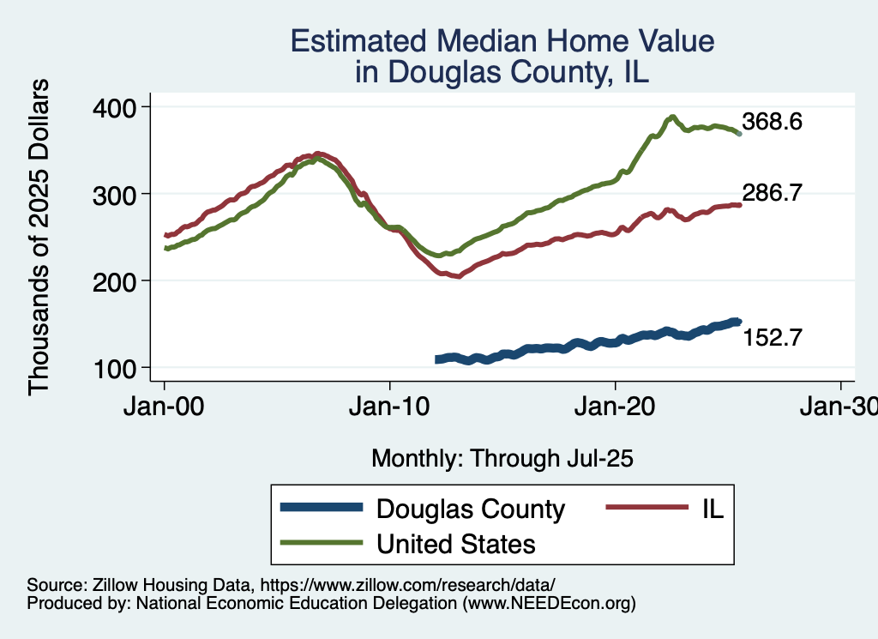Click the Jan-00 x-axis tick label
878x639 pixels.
pyautogui.click(x=165, y=408)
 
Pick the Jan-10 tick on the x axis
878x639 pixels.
pyautogui.click(x=390, y=408)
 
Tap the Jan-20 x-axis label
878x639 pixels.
pyautogui.click(x=616, y=408)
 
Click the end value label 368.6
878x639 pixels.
pyautogui.click(x=772, y=123)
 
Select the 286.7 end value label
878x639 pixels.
pyautogui.click(x=772, y=193)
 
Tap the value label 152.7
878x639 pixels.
pyautogui.click(x=772, y=338)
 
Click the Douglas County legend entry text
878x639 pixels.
pyautogui.click(x=471, y=509)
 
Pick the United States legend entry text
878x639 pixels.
pyautogui.click(x=456, y=543)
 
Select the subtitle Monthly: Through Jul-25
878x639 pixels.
pyautogui.click(x=502, y=459)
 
